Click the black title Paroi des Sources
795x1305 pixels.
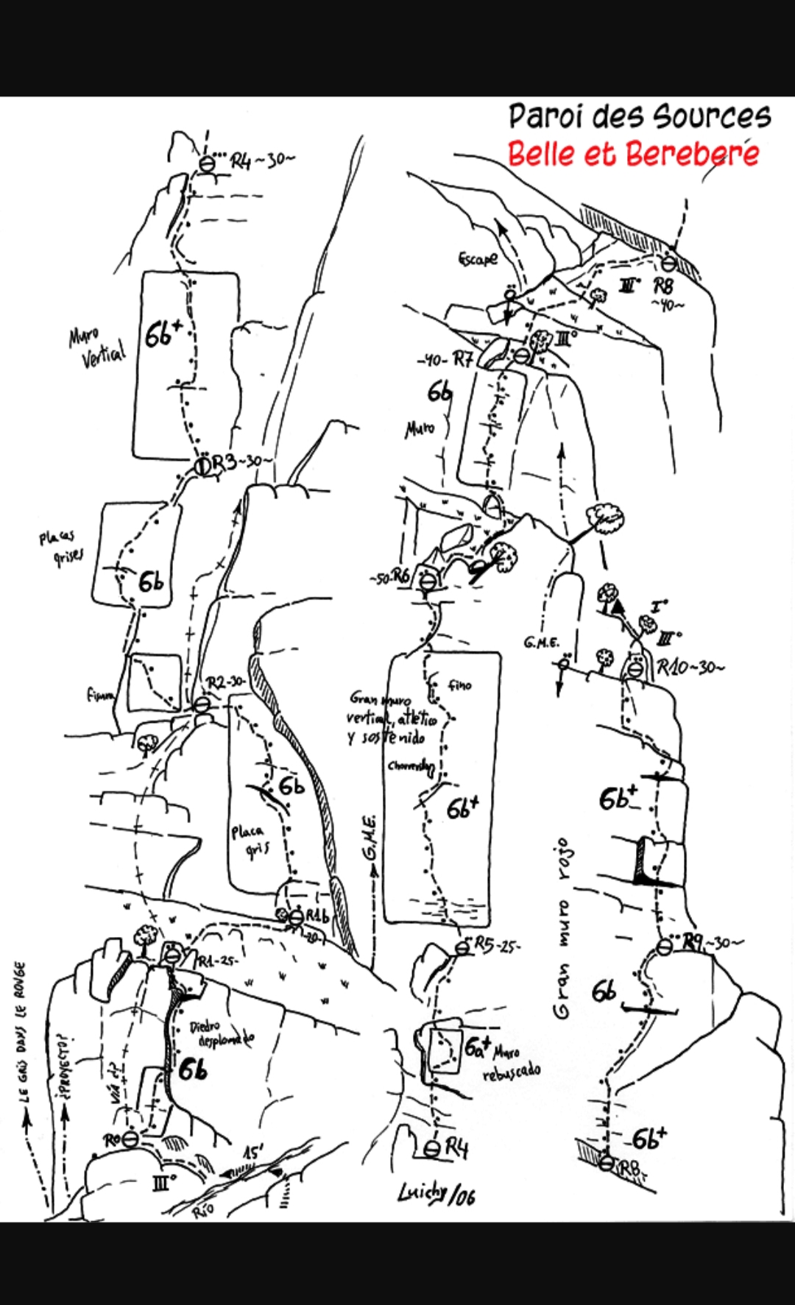click(639, 116)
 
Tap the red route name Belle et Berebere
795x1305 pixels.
click(633, 154)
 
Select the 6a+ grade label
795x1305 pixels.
click(478, 1046)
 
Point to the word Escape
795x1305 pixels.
click(478, 258)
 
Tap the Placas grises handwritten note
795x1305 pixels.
click(60, 547)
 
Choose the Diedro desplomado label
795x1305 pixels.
click(222, 1033)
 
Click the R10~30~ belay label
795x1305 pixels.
click(689, 668)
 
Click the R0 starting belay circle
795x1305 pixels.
click(130, 1139)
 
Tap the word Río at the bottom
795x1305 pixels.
click(202, 1209)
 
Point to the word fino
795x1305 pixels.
click(459, 685)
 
